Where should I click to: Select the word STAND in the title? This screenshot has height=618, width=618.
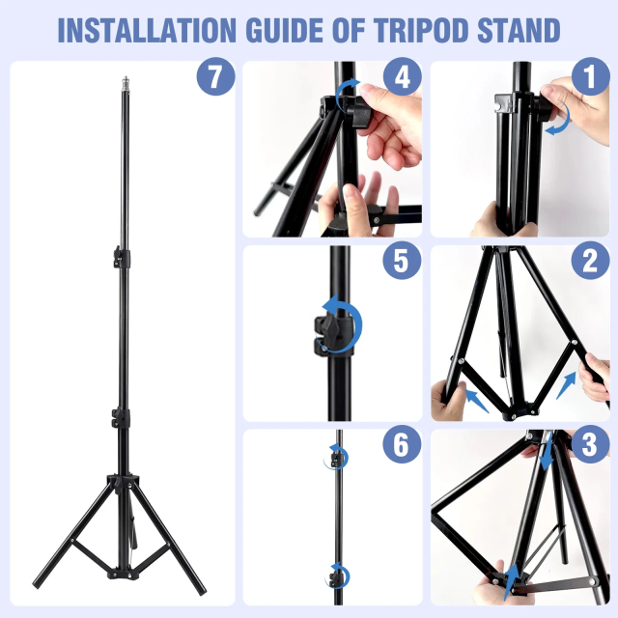click(519, 30)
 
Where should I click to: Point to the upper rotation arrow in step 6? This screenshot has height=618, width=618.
click(338, 458)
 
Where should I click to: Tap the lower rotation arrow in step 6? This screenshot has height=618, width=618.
click(340, 576)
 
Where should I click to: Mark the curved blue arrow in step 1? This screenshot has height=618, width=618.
click(557, 121)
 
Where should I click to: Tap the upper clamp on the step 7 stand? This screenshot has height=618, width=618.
click(119, 258)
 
